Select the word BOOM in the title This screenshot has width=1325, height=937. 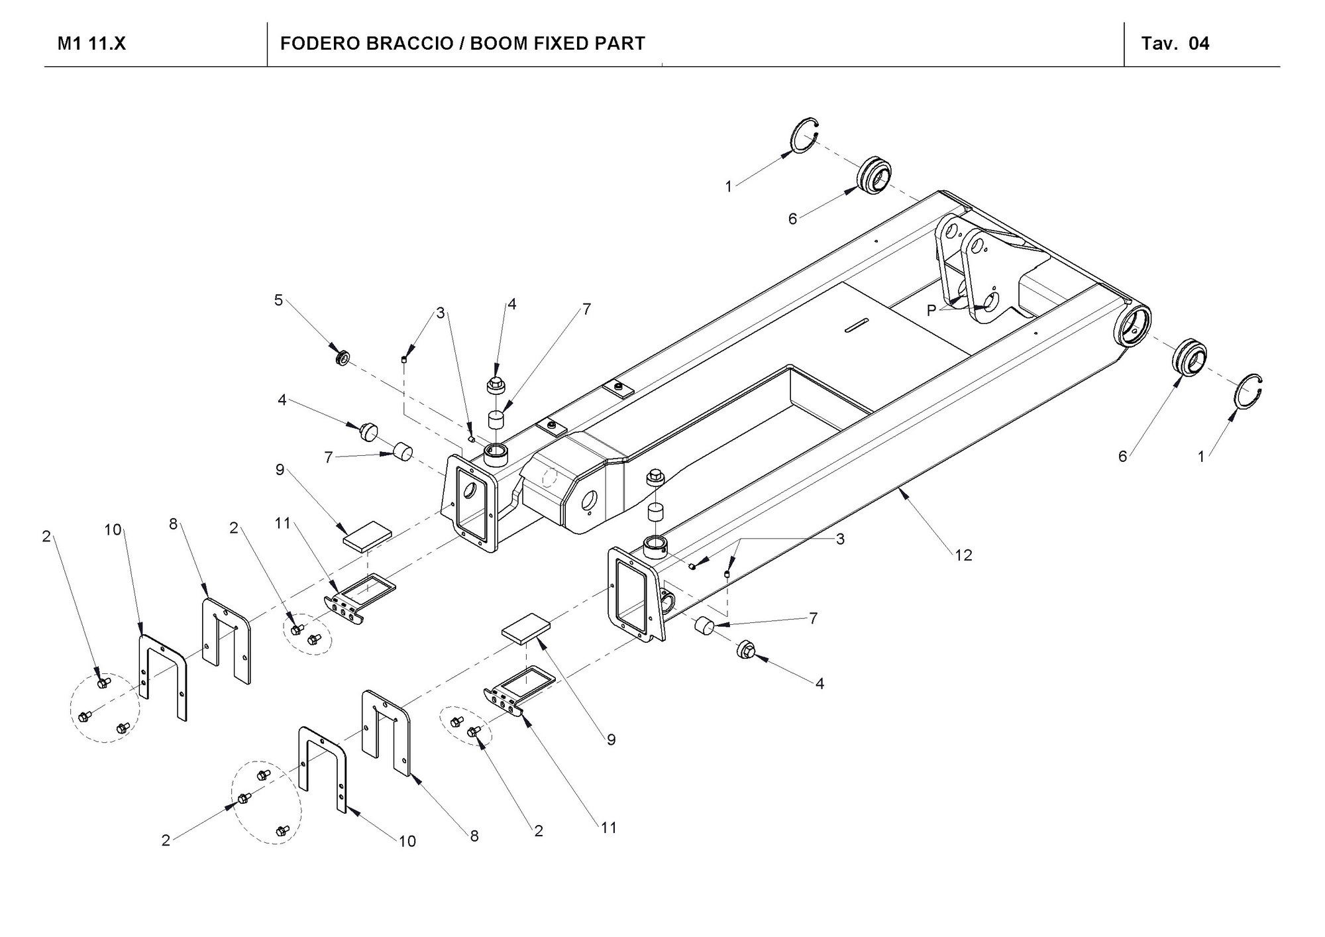pyautogui.click(x=494, y=44)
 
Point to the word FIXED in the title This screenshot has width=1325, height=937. pyautogui.click(x=557, y=44)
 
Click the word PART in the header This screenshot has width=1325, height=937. pyautogui.click(x=620, y=44)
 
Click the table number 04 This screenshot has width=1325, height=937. pyautogui.click(x=1199, y=44)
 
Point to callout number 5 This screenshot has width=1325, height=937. pyautogui.click(x=279, y=300)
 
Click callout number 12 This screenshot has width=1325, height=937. pyautogui.click(x=963, y=555)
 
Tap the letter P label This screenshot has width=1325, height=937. pyautogui.click(x=931, y=310)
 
